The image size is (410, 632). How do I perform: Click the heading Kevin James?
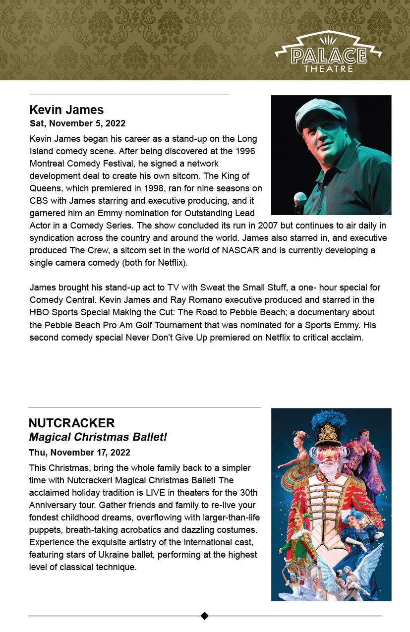pyautogui.click(x=66, y=110)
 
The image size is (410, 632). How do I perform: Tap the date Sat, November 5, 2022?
pyautogui.click(x=77, y=123)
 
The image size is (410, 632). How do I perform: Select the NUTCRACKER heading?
pyautogui.click(x=72, y=423)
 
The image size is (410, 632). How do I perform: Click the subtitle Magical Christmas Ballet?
pyautogui.click(x=98, y=437)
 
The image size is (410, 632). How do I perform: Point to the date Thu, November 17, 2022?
pyautogui.click(x=79, y=452)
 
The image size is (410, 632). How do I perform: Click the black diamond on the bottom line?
pyautogui.click(x=205, y=616)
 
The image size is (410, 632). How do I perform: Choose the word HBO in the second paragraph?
pyautogui.click(x=39, y=312)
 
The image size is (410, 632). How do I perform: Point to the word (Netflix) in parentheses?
pyautogui.click(x=171, y=263)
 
